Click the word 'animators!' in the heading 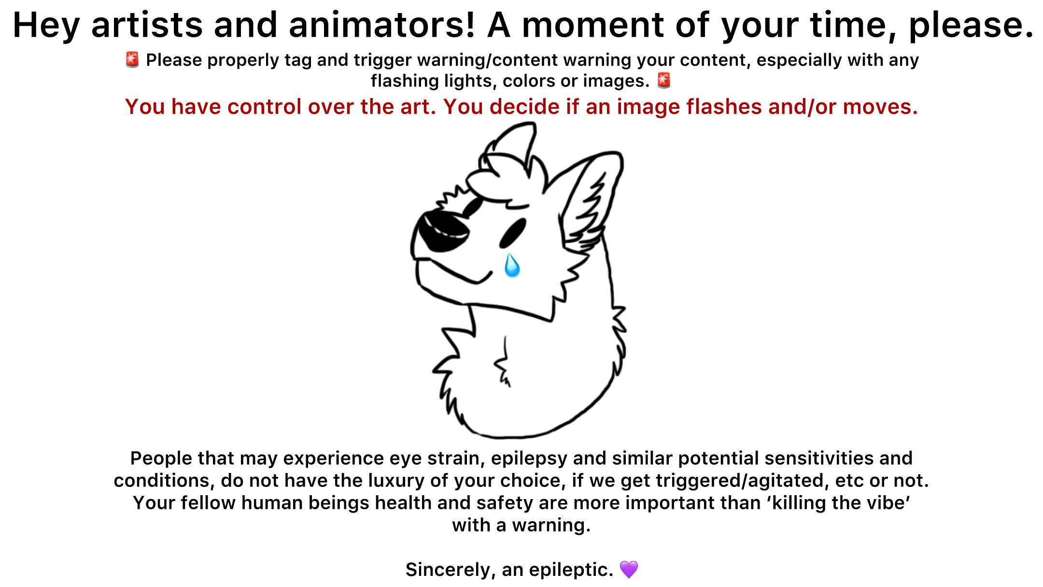(382, 25)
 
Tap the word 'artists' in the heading (147, 25)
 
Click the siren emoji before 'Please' (132, 60)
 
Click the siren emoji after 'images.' (664, 81)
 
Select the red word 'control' (265, 107)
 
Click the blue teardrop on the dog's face (511, 265)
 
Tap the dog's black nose (441, 231)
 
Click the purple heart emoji (629, 570)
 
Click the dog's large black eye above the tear (512, 233)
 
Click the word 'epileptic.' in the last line (571, 570)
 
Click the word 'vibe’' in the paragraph (889, 503)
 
